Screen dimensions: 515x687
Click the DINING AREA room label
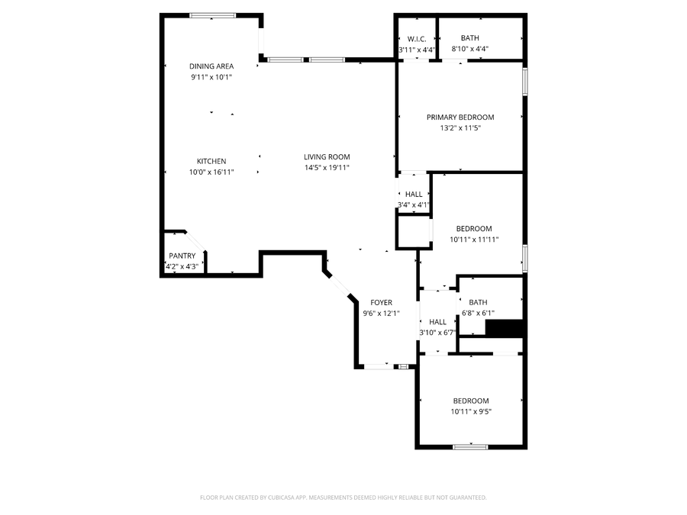(211, 66)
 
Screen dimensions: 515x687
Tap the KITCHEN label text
(211, 161)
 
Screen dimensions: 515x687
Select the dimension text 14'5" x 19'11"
(327, 168)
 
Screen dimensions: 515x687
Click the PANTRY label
(182, 256)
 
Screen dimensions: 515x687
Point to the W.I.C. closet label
(417, 39)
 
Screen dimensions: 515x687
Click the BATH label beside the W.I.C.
(469, 38)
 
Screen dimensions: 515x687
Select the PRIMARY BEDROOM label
(460, 117)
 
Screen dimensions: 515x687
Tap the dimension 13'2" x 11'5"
(460, 128)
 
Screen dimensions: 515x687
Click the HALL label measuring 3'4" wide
(414, 195)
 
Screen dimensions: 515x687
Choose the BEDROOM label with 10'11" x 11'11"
(474, 229)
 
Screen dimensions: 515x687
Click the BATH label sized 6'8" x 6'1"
(478, 302)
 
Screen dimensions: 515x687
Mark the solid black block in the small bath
(505, 328)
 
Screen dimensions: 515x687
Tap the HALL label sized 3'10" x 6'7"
(437, 322)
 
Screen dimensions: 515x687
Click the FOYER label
(381, 303)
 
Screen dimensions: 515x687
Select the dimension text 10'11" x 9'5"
(471, 412)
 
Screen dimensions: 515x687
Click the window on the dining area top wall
(213, 14)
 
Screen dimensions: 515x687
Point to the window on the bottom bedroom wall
(470, 446)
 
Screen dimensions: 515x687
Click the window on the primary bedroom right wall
(524, 82)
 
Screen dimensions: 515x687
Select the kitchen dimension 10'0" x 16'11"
(211, 172)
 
